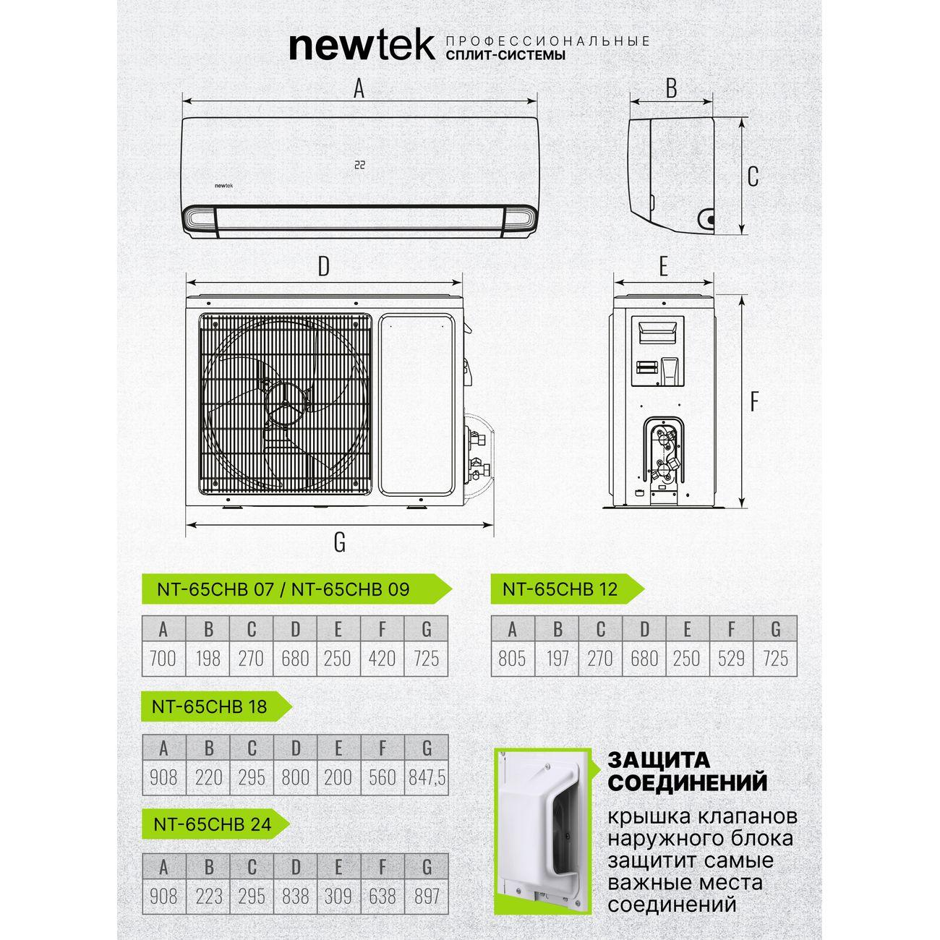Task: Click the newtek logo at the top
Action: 362,47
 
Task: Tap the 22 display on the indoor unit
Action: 359,165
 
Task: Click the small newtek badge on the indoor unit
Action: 224,185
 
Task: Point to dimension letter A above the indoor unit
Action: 359,89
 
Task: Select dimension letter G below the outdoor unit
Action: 340,542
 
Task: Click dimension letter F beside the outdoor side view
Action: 754,403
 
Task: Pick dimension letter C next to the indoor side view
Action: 753,176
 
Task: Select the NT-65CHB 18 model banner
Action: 216,706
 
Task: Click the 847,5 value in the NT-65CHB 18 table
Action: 427,777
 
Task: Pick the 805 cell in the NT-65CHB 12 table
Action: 512,659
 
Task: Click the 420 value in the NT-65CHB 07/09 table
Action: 382,659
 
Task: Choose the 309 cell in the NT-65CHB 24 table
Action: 338,896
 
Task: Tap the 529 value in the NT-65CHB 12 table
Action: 731,659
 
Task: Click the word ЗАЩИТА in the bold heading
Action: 659,761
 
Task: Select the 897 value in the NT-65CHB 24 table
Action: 427,896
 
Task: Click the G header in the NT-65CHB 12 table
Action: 776,629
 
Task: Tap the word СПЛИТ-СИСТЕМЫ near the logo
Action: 506,55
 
